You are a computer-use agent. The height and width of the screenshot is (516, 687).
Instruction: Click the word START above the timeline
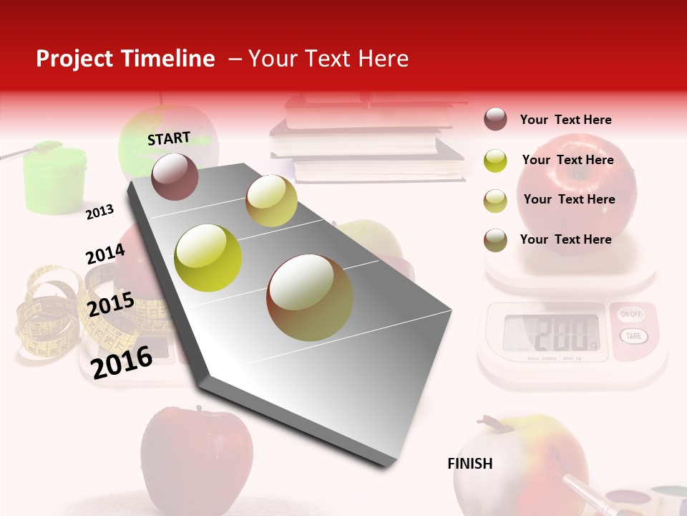click(169, 138)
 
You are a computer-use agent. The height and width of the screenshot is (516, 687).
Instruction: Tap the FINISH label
click(470, 464)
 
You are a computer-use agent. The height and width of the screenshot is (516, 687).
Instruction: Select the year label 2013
click(100, 211)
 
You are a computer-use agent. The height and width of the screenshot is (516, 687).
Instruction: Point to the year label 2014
click(105, 254)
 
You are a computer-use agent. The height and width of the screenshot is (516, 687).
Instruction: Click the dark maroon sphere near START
click(175, 176)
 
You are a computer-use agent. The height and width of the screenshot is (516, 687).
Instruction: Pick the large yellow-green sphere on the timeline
click(208, 258)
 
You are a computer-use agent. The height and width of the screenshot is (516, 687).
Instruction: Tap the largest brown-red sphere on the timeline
click(310, 297)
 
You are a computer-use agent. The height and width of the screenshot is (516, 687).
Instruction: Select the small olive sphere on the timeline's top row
click(271, 201)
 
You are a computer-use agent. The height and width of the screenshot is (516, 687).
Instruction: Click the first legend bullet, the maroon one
click(495, 120)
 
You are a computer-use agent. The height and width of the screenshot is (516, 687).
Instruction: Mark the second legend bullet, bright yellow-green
click(495, 161)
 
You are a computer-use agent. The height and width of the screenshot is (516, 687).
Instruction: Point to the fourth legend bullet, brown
click(495, 240)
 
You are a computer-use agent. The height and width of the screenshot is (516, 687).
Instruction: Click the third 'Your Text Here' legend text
click(569, 199)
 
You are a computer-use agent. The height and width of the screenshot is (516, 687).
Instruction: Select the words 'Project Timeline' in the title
click(125, 59)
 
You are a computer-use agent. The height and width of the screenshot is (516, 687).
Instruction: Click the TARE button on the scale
click(632, 335)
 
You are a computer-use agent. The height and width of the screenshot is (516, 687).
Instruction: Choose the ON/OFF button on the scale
click(631, 315)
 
